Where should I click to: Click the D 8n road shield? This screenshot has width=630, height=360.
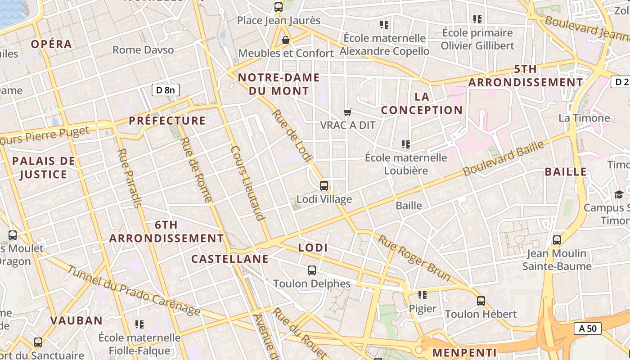[165, 90]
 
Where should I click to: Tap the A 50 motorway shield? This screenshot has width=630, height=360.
[588, 328]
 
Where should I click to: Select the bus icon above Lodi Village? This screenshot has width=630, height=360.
[324, 185]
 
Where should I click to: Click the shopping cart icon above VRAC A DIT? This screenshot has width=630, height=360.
[347, 112]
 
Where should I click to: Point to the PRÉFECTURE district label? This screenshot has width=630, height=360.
[167, 121]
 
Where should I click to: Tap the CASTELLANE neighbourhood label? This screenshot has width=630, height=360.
[229, 259]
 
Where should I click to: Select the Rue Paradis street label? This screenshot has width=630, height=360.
[129, 178]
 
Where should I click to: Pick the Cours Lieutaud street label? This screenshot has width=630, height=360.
[247, 183]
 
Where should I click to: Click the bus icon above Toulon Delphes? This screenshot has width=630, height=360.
[311, 270]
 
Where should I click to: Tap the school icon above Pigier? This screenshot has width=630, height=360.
[422, 295]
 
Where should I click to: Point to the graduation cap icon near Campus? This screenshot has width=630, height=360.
[619, 194]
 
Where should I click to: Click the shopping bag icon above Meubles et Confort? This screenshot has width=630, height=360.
[285, 40]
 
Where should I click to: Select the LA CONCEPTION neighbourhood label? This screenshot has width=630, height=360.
[422, 103]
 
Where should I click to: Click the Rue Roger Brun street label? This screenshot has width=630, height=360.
[414, 258]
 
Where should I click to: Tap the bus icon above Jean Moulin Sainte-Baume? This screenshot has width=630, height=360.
[557, 240]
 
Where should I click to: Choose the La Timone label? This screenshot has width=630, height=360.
[584, 118]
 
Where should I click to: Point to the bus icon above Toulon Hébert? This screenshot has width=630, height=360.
[481, 301]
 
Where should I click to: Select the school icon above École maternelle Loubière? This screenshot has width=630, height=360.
[406, 144]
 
